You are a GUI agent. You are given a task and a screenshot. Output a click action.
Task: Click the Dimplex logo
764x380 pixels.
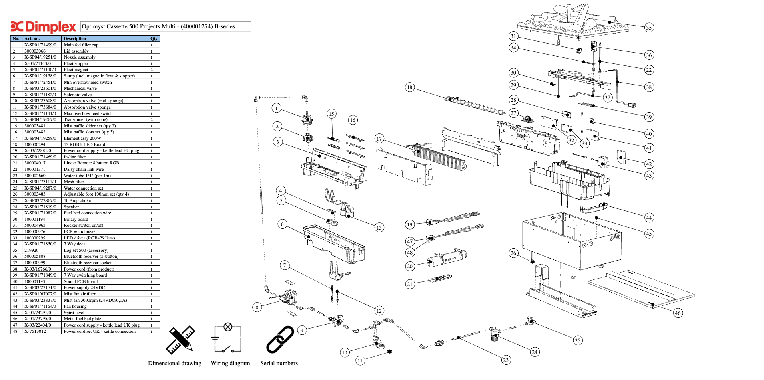click(x=43, y=27)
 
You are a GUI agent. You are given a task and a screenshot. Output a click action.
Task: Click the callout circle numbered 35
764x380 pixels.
click(x=649, y=28)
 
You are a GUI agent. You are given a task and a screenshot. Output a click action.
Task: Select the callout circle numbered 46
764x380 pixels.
click(x=678, y=313)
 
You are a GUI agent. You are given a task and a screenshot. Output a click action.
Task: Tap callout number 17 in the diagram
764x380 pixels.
click(x=379, y=139)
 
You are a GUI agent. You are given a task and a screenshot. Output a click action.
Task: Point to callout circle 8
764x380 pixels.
click(x=257, y=307)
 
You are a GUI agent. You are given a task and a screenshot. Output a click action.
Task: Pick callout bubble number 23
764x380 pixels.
click(x=506, y=360)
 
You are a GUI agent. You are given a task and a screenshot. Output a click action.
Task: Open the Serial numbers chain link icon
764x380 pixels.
click(x=280, y=340)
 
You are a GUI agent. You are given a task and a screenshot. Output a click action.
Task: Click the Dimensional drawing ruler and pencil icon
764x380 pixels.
click(x=180, y=340)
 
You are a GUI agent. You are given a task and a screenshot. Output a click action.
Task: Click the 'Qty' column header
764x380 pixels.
click(x=154, y=39)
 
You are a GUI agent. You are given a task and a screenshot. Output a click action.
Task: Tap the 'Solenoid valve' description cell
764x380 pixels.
click(x=78, y=95)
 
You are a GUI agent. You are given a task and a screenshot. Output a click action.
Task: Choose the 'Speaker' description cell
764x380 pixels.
click(x=72, y=207)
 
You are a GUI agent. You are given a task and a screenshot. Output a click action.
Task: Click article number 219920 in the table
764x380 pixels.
click(x=32, y=250)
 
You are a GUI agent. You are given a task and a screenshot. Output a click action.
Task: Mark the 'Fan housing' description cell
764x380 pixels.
click(x=75, y=306)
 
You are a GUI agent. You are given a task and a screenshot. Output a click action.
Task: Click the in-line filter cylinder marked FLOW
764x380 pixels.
click(x=447, y=258)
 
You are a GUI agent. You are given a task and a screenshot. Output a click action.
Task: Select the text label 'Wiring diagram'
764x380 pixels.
click(x=230, y=363)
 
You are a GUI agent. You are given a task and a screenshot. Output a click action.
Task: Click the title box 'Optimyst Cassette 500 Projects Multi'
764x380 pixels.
click(x=166, y=26)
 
